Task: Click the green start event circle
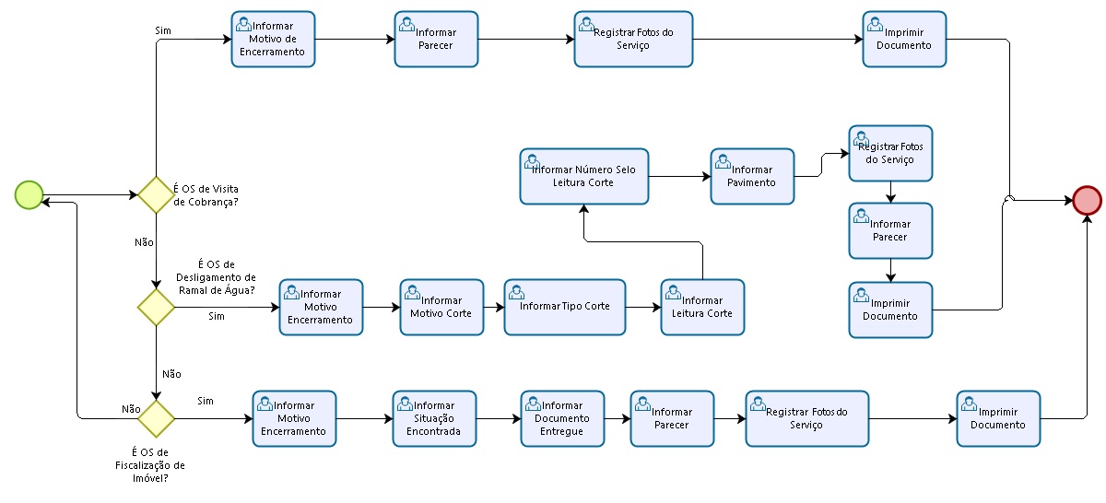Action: (x=29, y=194)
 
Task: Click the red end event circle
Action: (x=1087, y=199)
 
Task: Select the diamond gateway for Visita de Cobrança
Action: (x=156, y=194)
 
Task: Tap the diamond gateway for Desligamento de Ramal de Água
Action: (x=156, y=307)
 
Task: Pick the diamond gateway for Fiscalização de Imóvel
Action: (x=156, y=418)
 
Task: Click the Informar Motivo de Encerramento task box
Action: (x=273, y=40)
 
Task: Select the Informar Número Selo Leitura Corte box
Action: (x=582, y=176)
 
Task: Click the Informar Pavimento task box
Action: (x=752, y=176)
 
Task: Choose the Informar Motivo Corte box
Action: (x=441, y=307)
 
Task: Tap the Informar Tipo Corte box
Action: (x=564, y=307)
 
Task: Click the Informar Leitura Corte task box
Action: (x=702, y=307)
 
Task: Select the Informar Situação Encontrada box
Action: (x=434, y=418)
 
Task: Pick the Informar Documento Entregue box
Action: (x=562, y=418)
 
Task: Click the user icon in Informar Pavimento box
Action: (x=724, y=162)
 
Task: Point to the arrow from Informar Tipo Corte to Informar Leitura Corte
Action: (x=643, y=307)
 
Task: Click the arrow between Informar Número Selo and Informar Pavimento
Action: (x=678, y=176)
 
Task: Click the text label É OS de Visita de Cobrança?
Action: (x=206, y=194)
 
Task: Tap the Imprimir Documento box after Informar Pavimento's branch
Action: (x=890, y=310)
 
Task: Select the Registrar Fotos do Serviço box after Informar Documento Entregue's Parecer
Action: (x=806, y=418)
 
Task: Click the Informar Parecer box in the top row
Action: (x=436, y=40)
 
